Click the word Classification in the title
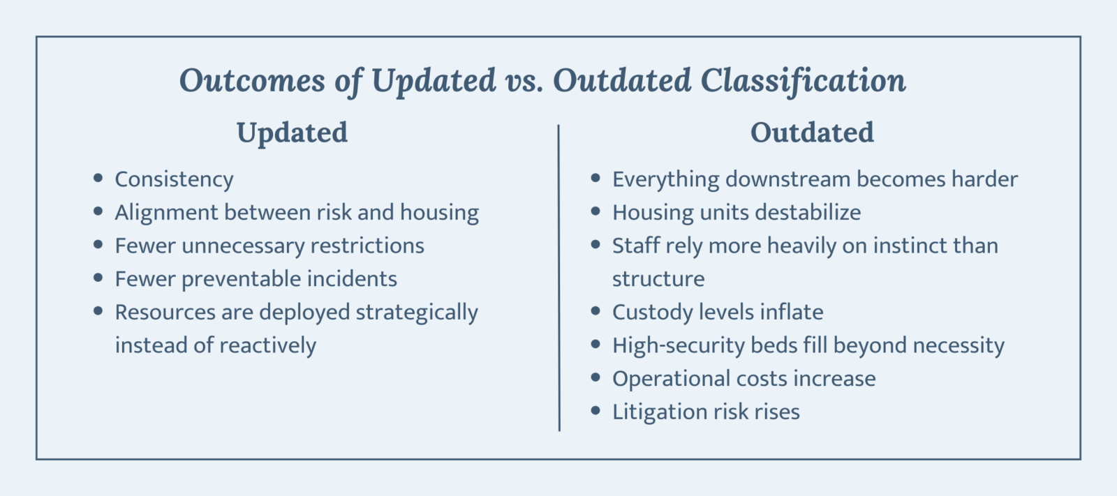point(804,81)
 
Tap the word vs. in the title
point(524,82)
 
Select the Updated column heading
point(293,133)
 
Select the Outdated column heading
point(813,132)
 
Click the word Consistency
point(174,180)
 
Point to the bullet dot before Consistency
point(98,178)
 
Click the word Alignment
point(166,213)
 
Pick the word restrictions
point(367,246)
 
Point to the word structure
point(658,279)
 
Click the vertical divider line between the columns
point(559,278)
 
